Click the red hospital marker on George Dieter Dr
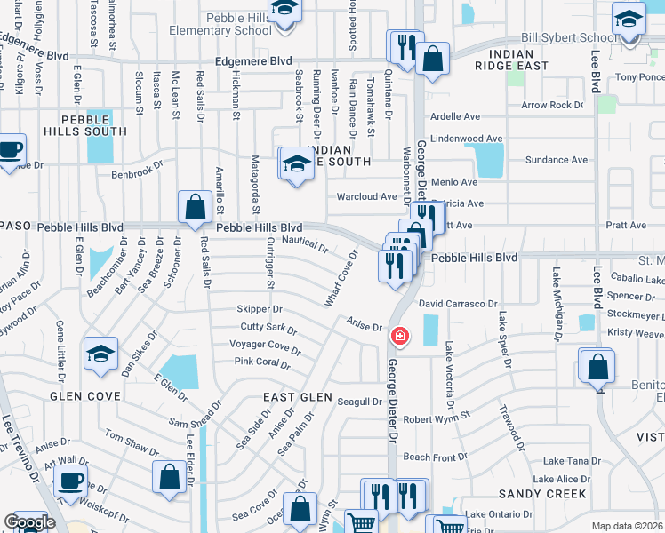(x=400, y=336)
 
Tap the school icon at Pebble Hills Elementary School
(x=285, y=12)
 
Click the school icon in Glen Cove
(x=101, y=354)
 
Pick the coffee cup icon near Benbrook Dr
(x=10, y=149)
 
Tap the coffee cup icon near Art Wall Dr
(x=70, y=481)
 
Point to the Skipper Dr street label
(x=260, y=309)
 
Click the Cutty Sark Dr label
(x=268, y=329)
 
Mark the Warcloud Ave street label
(x=366, y=196)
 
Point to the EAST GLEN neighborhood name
(x=298, y=397)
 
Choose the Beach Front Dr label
(x=436, y=457)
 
